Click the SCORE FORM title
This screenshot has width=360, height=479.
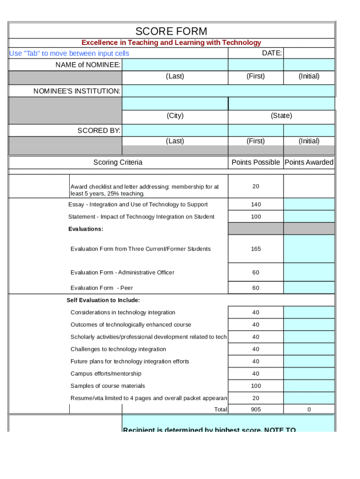(x=171, y=31)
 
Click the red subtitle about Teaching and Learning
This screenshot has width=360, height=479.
(x=171, y=43)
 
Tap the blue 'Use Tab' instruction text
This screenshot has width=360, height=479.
(x=69, y=53)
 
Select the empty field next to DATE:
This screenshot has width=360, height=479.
(x=309, y=53)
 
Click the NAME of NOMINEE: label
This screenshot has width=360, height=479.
(x=88, y=65)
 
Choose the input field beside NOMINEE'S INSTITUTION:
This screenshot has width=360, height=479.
(x=228, y=91)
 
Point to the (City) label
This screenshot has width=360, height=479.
(x=175, y=116)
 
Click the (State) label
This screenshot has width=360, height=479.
(x=281, y=116)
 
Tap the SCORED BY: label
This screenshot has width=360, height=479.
(x=99, y=130)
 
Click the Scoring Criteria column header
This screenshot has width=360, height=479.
(x=118, y=162)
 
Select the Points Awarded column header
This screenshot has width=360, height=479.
(x=309, y=162)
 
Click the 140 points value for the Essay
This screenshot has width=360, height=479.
(x=256, y=204)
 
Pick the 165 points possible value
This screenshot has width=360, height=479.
(x=256, y=249)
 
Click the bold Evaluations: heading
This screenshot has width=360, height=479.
(x=86, y=229)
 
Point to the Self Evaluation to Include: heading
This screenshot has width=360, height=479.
(x=103, y=300)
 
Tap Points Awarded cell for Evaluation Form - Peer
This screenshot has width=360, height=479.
(x=309, y=288)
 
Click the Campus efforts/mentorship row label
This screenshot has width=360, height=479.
(x=106, y=373)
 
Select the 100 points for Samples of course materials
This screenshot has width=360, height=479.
(x=256, y=386)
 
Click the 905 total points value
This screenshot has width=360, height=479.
(x=256, y=409)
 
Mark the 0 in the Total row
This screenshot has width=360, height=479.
(x=309, y=409)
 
